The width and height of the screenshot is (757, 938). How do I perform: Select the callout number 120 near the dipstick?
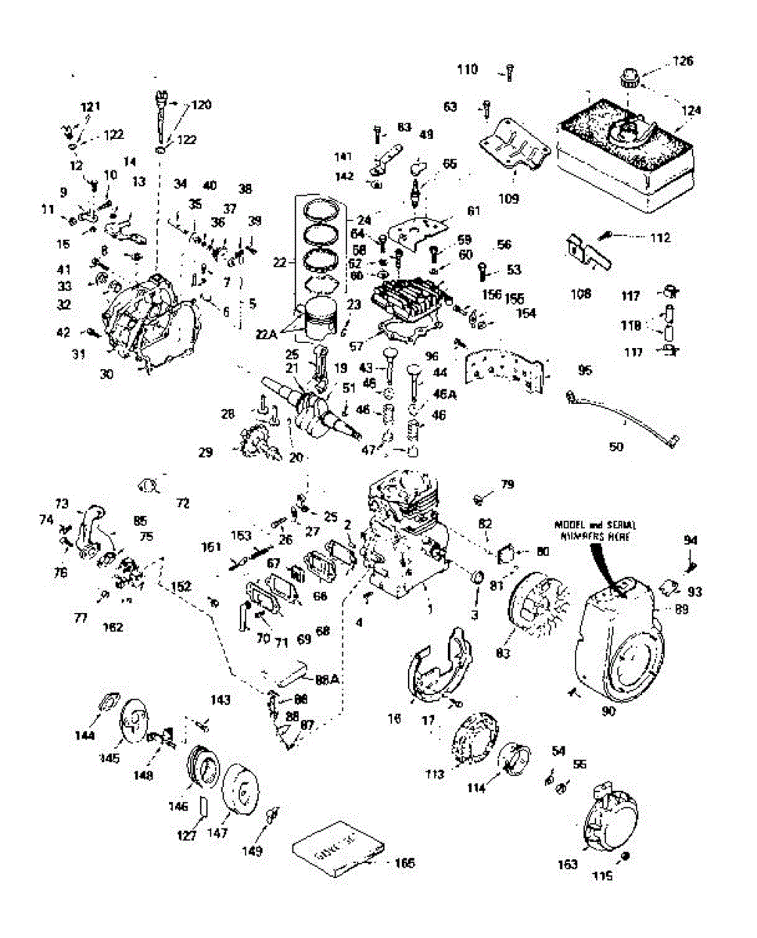[201, 104]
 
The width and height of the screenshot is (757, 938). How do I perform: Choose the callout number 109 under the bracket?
[508, 199]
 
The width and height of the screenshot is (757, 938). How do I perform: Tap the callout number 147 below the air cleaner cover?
[218, 833]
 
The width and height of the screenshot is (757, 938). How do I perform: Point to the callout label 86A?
[328, 679]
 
